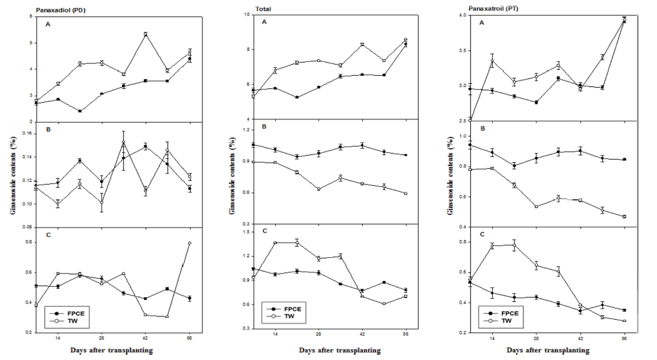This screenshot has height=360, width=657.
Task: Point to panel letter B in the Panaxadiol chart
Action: click(46, 131)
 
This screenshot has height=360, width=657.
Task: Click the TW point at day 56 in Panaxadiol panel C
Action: click(189, 243)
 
